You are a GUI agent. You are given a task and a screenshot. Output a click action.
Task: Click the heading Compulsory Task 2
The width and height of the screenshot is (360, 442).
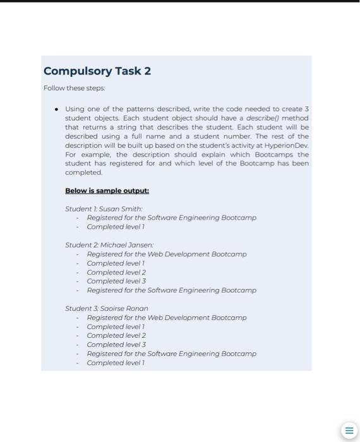coord(97,71)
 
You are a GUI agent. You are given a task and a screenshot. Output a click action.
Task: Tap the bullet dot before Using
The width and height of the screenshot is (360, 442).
coord(56,109)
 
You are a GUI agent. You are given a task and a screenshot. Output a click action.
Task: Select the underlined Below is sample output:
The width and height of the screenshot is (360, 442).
coord(107,191)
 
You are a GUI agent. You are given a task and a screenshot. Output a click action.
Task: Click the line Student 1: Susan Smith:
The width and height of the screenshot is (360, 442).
coord(104,208)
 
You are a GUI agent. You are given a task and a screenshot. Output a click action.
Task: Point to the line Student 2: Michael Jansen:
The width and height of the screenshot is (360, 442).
coord(109,244)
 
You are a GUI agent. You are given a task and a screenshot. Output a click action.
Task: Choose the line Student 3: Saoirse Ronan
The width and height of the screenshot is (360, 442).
coord(107,308)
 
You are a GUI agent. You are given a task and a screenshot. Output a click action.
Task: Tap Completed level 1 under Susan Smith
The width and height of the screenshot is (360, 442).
coord(116,227)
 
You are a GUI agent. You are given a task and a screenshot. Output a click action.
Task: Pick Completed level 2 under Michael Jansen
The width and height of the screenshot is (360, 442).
coord(116,272)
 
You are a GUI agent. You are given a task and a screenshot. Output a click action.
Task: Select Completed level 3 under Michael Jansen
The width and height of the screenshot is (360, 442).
coord(116,281)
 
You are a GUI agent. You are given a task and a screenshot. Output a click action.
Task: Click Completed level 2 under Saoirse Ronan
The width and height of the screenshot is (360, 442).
coord(116,335)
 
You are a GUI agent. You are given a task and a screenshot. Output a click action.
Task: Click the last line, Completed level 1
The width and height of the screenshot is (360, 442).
coord(116,363)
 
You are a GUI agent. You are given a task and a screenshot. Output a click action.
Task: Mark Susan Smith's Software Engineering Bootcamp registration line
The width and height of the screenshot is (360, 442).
coord(171,218)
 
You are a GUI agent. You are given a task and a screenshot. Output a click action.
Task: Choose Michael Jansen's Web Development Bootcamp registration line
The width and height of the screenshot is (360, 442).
coord(166,254)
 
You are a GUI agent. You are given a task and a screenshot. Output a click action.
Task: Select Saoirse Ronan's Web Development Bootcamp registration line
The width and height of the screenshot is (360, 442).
coord(166,318)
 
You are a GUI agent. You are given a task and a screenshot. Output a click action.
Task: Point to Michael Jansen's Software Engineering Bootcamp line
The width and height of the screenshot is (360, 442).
coord(171,290)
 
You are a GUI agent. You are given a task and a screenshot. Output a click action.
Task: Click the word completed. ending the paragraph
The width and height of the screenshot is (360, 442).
coord(83,172)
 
